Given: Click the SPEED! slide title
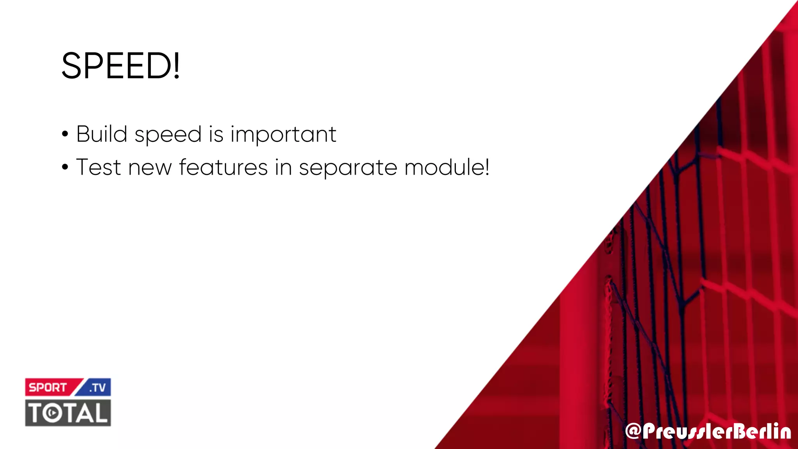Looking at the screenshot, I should point(120,65).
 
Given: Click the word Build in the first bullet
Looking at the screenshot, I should point(102,134).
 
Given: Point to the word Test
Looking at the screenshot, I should point(99,168).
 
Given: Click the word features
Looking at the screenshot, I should point(223,168).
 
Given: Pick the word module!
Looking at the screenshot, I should point(447,168).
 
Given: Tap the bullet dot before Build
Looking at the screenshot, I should point(65,134).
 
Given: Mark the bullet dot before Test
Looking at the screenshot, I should point(65,168).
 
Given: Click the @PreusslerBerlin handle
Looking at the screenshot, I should point(708,431).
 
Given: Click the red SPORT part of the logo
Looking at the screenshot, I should point(48,387).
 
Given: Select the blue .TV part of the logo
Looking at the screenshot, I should point(97,387).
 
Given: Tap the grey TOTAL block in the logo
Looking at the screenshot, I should point(68,413).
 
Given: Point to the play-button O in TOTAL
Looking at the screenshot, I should point(52,413).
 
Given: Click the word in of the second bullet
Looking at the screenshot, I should point(283,168).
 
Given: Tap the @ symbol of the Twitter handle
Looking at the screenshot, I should point(633,431).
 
